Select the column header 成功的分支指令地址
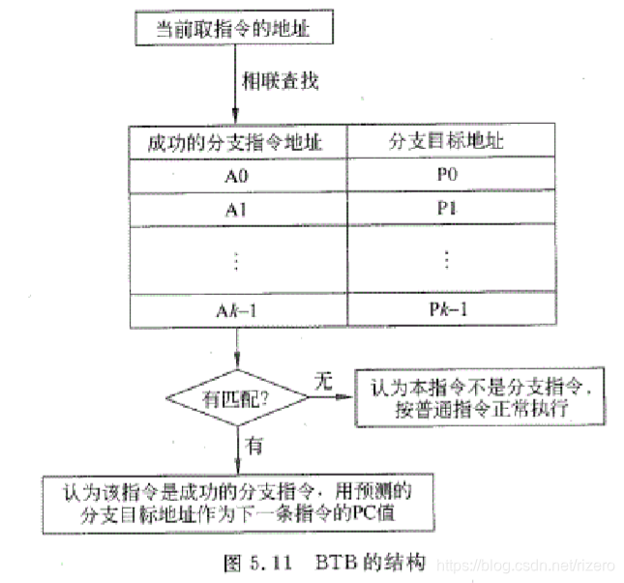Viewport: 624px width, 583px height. [233, 144]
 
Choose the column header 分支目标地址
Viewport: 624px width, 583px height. [446, 144]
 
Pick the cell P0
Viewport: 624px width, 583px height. [446, 176]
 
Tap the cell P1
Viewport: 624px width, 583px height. [446, 208]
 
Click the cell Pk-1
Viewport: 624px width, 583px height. [446, 309]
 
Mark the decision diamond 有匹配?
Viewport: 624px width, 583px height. [235, 396]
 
